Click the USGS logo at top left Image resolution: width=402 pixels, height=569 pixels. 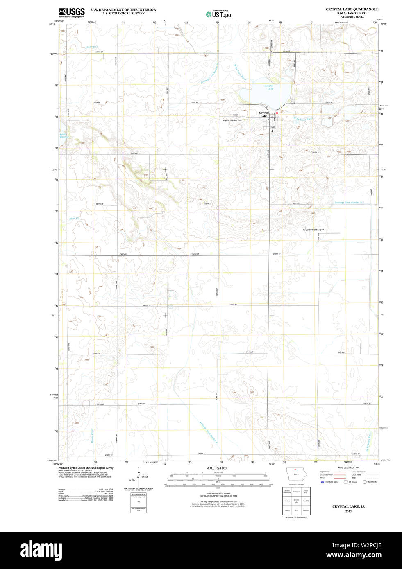coord(71,12)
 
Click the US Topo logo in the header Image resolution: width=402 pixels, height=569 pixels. coord(218,14)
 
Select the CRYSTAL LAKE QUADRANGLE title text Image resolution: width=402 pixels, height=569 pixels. coord(352,9)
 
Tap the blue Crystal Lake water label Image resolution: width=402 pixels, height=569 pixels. coord(269,87)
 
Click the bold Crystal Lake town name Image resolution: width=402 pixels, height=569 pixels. coord(263,114)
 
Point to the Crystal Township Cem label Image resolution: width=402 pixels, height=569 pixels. coord(232,120)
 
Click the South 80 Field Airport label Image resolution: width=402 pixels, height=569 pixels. coord(313,230)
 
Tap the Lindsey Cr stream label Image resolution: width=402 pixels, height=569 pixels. coord(92,47)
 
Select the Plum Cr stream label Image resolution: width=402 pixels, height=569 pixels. coord(74,219)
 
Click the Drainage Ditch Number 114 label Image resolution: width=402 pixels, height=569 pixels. coord(349,202)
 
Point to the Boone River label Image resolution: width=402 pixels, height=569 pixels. coord(92,436)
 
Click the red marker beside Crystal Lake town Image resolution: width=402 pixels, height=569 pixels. coord(277,113)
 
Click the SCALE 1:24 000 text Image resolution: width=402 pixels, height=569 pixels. coord(216,468)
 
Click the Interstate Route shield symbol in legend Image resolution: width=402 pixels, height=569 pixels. coord(323,482)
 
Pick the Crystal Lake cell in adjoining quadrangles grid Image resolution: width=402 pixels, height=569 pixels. coord(296,501)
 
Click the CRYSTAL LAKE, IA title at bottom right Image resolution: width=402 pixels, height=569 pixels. coord(348,506)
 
